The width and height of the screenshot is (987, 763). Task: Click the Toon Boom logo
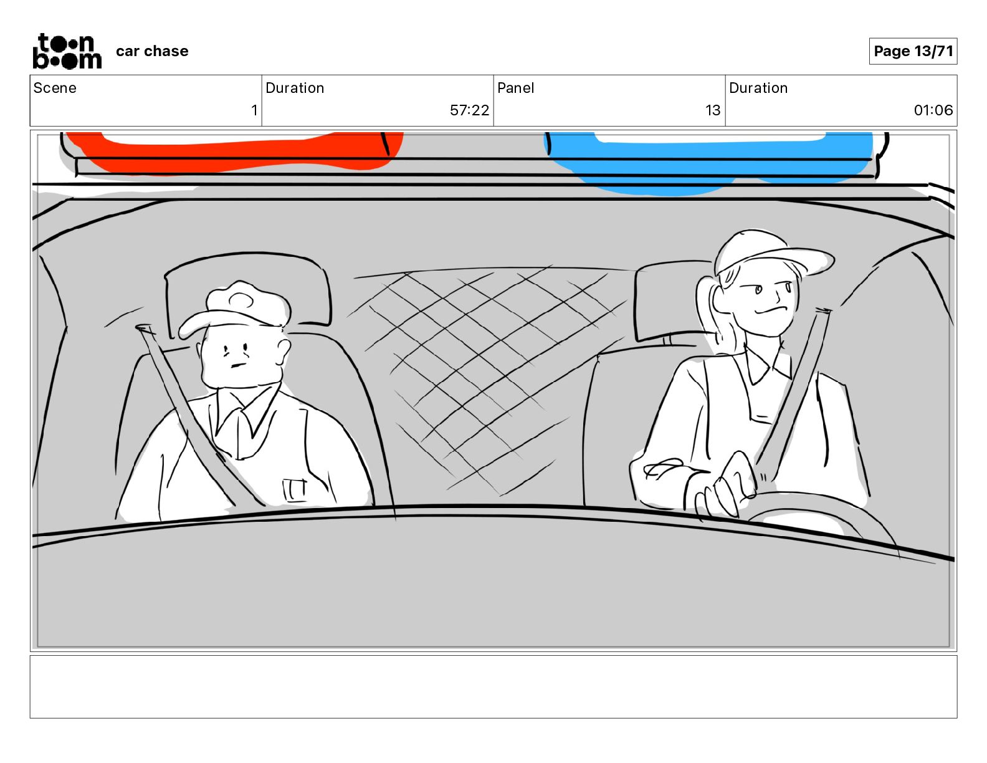coord(67,51)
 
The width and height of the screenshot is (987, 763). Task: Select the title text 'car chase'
coord(151,51)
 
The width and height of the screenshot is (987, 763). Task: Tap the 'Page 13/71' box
coord(912,51)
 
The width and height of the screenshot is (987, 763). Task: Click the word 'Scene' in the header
coord(54,88)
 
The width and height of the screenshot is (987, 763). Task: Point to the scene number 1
coord(254,110)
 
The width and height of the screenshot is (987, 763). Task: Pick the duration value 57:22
coord(469,110)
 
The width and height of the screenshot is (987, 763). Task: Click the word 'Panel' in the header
coord(515,88)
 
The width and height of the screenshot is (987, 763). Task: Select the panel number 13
coord(713,110)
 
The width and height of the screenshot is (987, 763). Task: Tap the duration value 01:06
coord(933,110)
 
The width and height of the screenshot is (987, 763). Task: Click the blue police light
coord(708,161)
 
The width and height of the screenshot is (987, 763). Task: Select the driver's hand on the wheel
coord(722,486)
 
